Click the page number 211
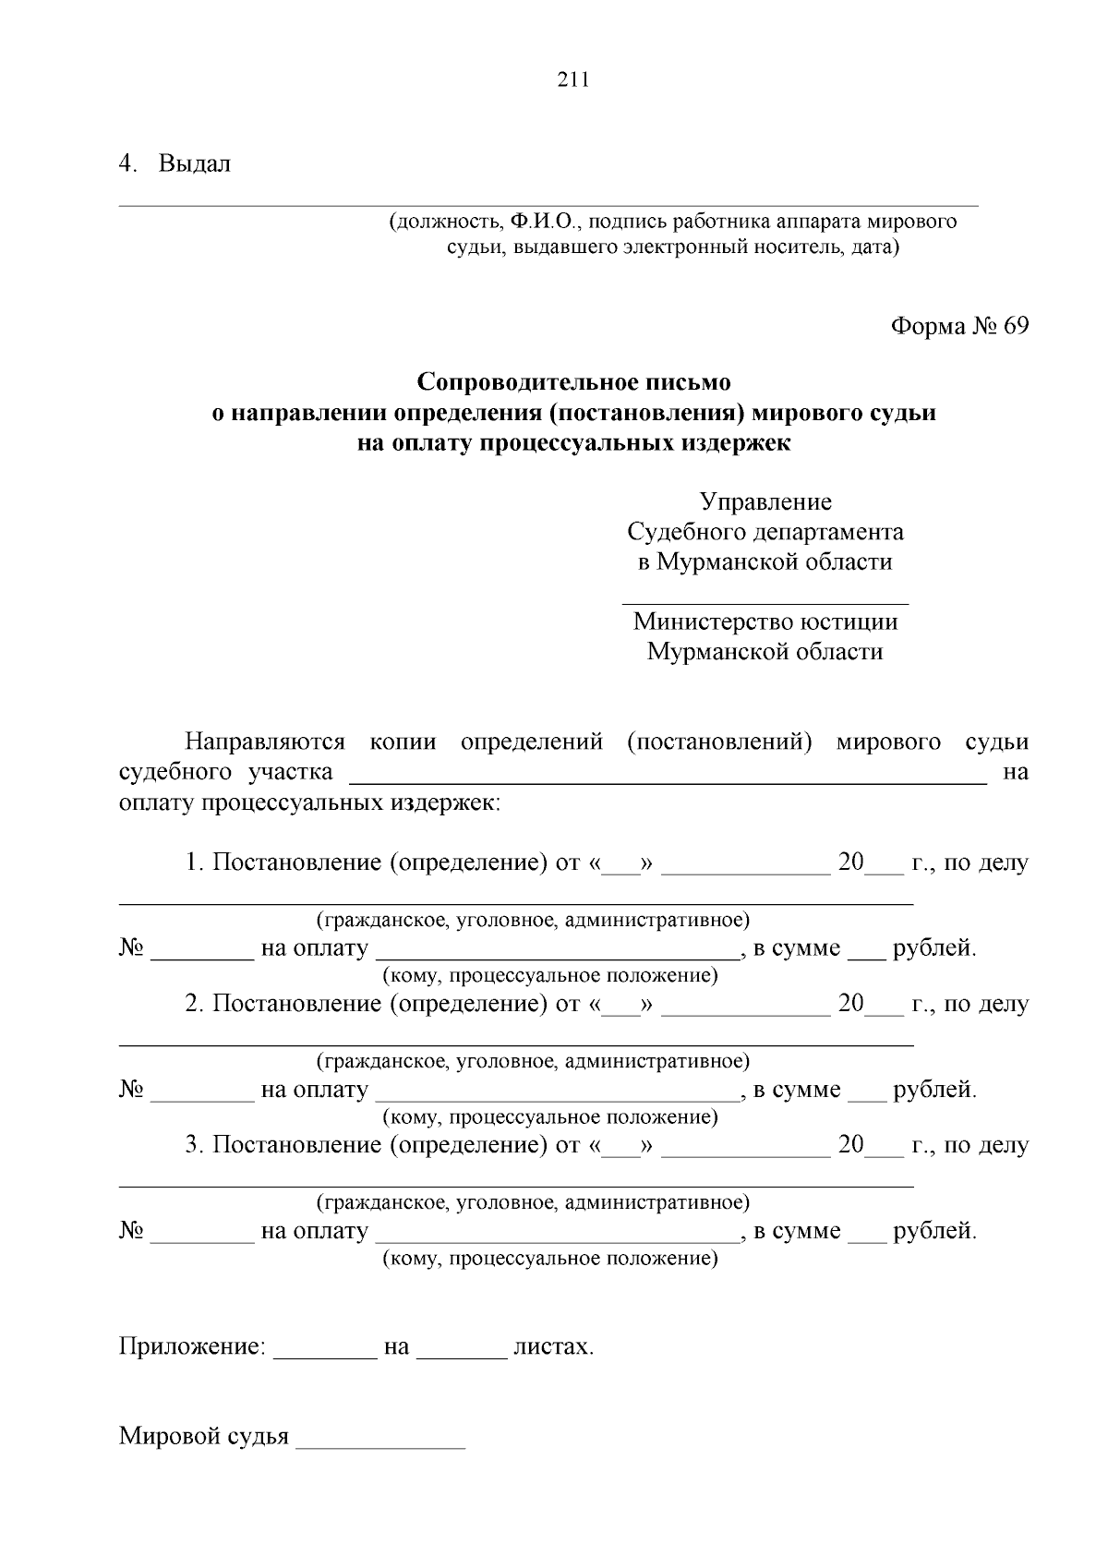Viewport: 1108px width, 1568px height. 572,79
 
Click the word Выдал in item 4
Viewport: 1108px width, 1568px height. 195,164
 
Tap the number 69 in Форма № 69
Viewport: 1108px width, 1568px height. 1013,326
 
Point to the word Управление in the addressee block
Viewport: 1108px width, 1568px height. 765,501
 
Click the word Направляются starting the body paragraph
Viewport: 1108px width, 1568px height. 265,742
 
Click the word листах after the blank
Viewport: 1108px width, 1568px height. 553,1346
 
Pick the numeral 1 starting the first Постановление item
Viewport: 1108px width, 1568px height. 192,862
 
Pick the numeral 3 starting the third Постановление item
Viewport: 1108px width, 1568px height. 192,1145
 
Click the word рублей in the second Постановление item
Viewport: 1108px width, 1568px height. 933,1090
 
